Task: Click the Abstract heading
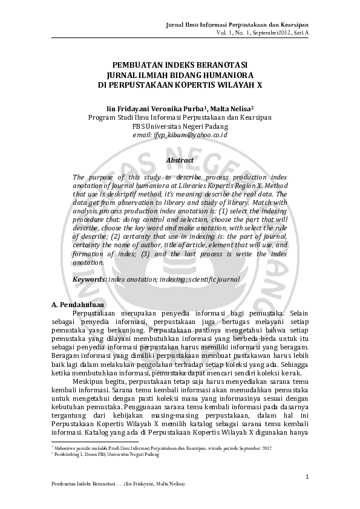tap(180, 160)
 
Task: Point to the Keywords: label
tap(90, 279)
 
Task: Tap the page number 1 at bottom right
tap(307, 478)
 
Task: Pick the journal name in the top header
tap(237, 24)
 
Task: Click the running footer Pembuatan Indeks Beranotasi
tap(85, 485)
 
